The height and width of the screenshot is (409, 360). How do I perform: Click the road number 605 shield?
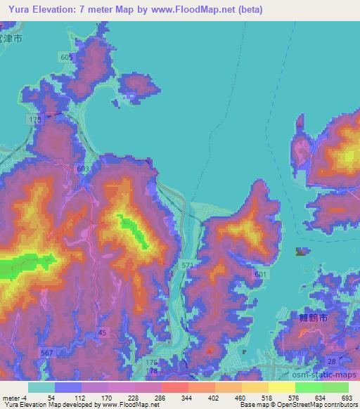click(67, 56)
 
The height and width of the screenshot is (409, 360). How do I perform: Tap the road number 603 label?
click(83, 169)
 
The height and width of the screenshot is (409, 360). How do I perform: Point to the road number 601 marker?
click(261, 274)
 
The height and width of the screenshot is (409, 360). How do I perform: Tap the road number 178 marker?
click(150, 370)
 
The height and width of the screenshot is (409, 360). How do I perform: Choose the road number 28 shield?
click(331, 360)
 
